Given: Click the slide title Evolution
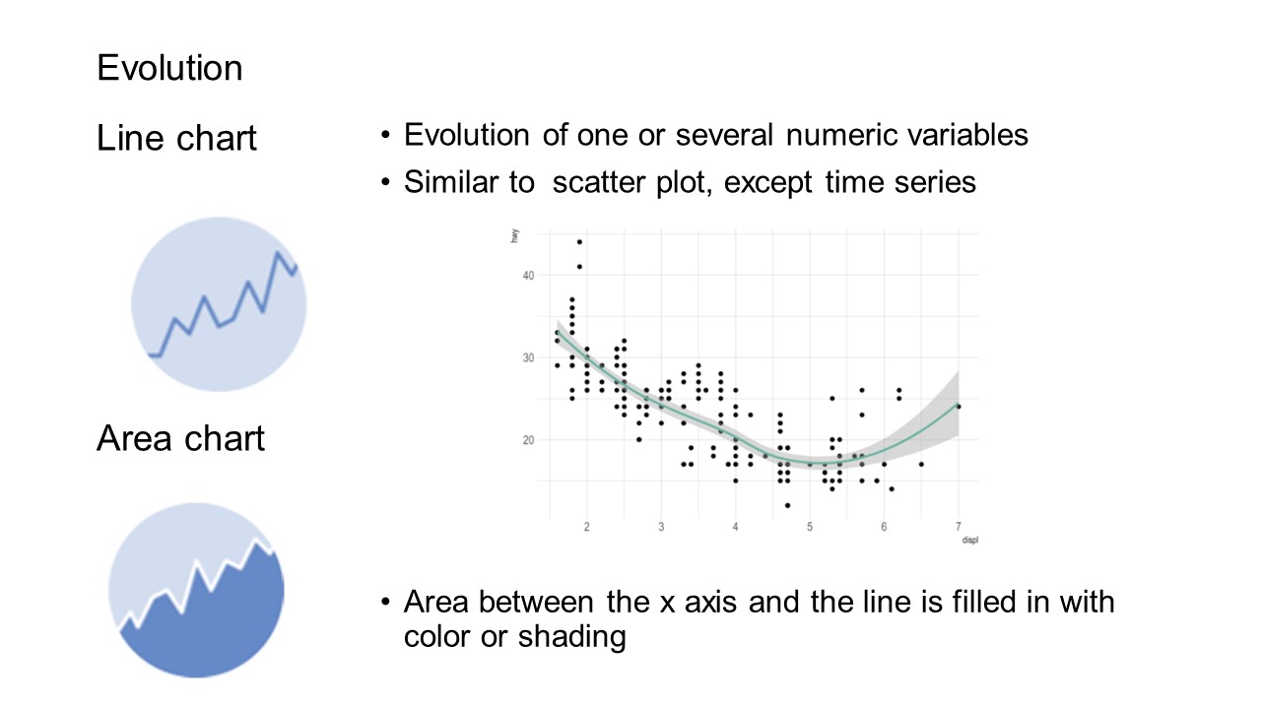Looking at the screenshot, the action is (x=169, y=68).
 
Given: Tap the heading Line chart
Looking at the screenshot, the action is (x=176, y=138).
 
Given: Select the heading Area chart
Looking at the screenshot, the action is (x=180, y=438).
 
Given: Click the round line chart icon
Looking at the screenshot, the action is (x=219, y=304).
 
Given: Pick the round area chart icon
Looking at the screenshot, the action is (x=196, y=590).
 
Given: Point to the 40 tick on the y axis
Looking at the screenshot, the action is (x=528, y=276).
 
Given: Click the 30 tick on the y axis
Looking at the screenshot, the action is (x=528, y=357).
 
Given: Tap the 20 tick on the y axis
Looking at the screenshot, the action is (x=528, y=440).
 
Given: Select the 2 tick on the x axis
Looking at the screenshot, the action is (x=587, y=527).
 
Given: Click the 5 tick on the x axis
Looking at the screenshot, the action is (x=810, y=527).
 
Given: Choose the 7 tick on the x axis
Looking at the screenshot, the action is (x=959, y=527).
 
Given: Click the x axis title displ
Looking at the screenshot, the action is (x=970, y=541).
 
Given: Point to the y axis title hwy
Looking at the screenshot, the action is (x=514, y=235).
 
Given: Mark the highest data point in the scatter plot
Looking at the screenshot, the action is (x=580, y=242).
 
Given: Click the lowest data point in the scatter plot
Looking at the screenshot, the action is (x=787, y=505).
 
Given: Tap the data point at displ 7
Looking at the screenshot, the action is (x=959, y=407).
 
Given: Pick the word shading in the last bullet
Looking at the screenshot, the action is (x=572, y=637).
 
